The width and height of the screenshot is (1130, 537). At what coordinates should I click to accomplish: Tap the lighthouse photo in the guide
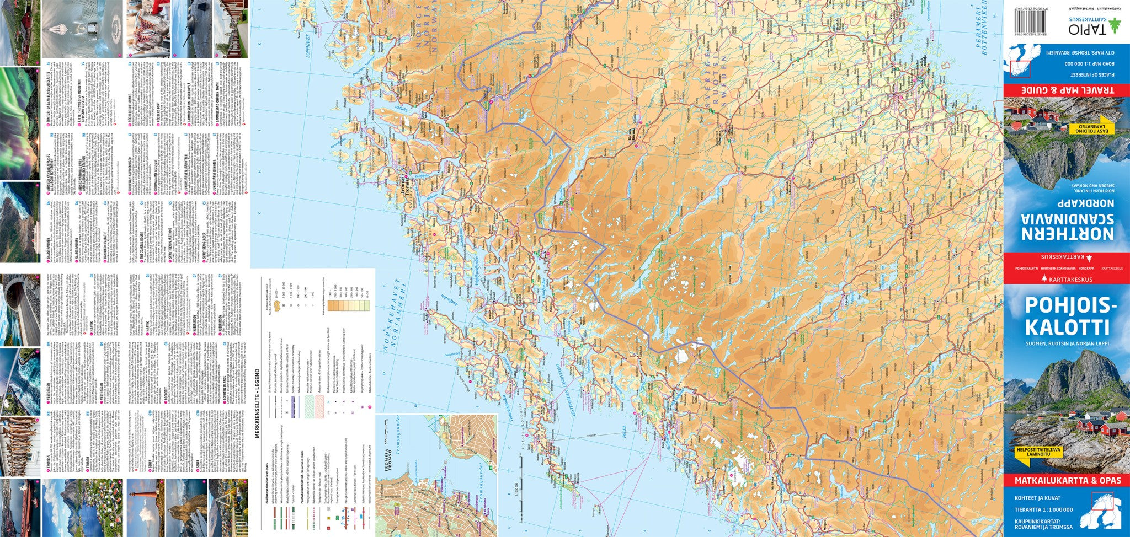tap(145, 507)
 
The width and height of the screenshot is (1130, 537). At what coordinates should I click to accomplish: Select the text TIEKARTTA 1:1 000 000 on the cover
tap(1043, 510)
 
